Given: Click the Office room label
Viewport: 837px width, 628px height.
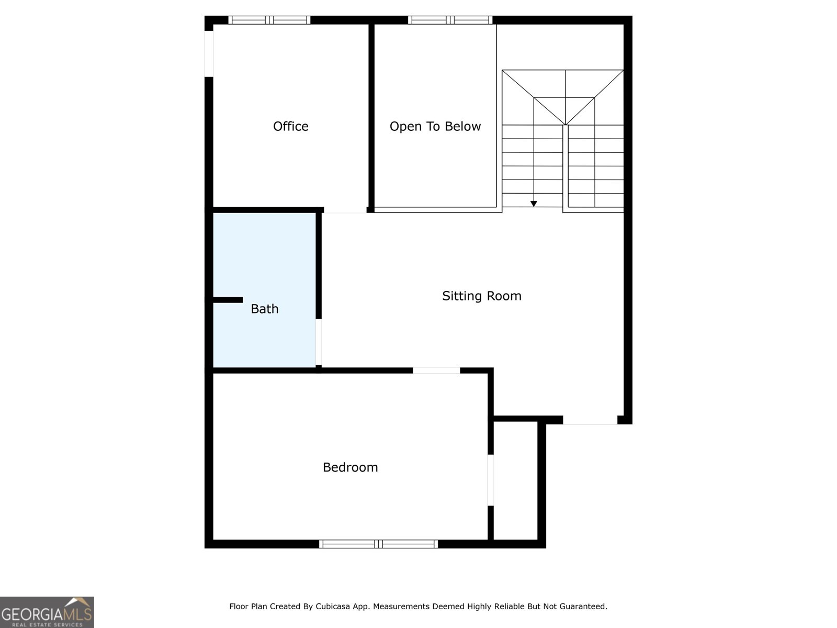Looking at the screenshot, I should [290, 126].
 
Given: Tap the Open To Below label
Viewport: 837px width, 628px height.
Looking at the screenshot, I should [435, 126].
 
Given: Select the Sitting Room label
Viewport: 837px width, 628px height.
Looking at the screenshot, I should [481, 296].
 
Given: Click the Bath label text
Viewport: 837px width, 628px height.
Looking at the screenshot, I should [264, 309].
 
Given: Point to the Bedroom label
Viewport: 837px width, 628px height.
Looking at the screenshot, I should [350, 467].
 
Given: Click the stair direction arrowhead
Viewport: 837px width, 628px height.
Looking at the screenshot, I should [534, 204].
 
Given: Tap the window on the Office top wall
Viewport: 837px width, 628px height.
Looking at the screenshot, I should [269, 20].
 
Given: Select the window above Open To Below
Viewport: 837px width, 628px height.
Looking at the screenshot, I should [450, 20].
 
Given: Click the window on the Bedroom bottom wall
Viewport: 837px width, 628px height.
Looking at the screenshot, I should [378, 544].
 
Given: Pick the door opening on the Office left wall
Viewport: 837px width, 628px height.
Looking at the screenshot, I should [209, 53].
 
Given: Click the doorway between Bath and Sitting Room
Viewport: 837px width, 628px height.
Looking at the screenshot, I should [319, 342].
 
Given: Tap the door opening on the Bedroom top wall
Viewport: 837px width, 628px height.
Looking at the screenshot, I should [436, 371].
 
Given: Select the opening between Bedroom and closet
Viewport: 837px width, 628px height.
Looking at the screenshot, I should [491, 480].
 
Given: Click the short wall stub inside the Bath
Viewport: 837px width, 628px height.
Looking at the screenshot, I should [228, 300].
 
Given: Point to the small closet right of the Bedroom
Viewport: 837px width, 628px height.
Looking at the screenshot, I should [515, 480].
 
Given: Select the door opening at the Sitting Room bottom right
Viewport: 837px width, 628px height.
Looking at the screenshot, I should [590, 420].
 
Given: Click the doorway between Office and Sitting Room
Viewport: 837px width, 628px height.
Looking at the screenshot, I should [345, 210].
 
